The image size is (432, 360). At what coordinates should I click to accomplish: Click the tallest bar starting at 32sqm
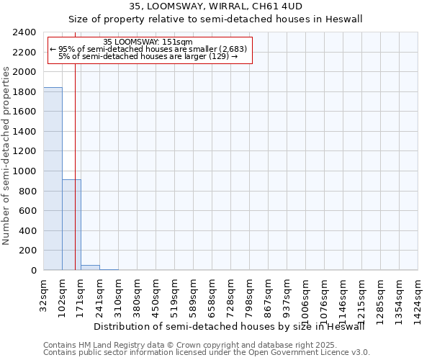coord(53,179)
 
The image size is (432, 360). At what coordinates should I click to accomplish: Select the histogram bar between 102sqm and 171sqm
coord(71,225)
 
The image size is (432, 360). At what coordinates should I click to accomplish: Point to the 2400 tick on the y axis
coord(25,33)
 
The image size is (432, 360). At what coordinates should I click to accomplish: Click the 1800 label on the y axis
coord(25,92)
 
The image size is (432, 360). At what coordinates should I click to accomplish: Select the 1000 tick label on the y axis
coord(25,171)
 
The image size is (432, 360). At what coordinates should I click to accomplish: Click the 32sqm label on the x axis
coord(44,293)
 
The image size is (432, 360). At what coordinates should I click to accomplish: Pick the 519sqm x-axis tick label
coord(175,294)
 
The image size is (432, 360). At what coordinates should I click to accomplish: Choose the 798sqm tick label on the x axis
coord(250,294)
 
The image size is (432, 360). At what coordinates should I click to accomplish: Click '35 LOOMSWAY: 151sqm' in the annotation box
coord(148,42)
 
